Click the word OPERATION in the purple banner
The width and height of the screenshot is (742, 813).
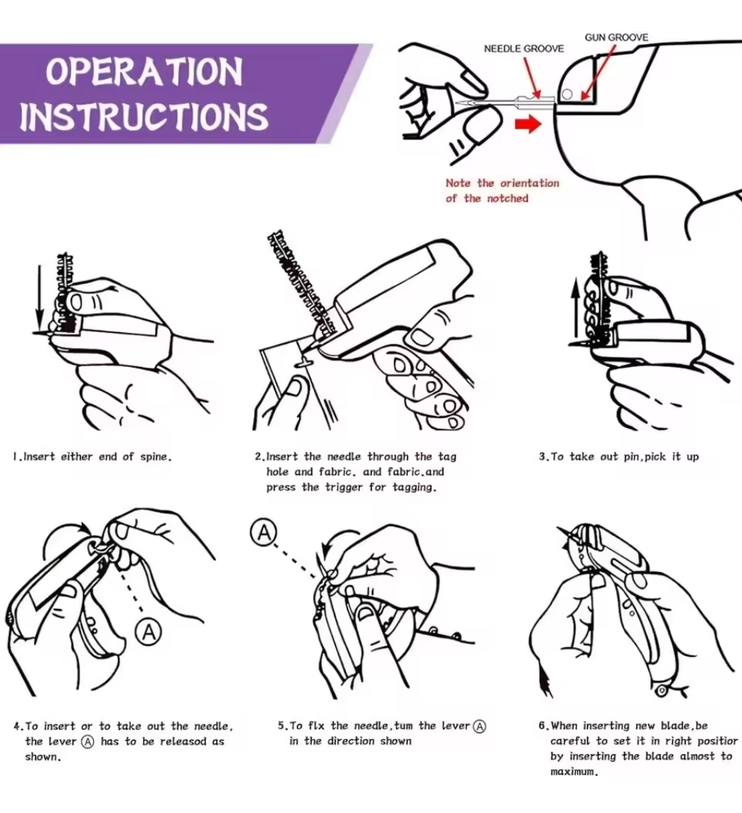(x=144, y=73)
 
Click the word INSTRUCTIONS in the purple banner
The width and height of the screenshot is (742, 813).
(x=144, y=117)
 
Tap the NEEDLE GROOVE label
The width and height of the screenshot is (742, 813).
(x=524, y=49)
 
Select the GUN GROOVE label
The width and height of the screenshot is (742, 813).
(x=617, y=37)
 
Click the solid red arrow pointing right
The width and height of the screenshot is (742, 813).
(x=527, y=124)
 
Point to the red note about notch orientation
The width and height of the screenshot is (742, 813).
(x=502, y=190)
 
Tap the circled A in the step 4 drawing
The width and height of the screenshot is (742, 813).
(x=150, y=632)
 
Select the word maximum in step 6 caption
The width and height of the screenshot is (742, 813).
(x=573, y=772)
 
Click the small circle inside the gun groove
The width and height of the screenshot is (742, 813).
(x=567, y=93)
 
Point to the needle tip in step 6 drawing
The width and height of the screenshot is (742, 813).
(x=559, y=529)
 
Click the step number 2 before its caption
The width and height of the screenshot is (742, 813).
(x=258, y=457)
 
